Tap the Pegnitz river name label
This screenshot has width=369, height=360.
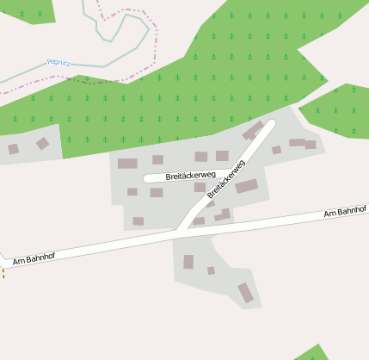(x=58, y=62)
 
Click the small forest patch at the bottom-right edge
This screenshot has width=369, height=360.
(x=312, y=353)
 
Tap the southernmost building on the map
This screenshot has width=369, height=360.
(x=246, y=293)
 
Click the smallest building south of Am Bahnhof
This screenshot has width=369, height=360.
(x=211, y=270)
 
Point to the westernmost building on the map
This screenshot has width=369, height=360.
(x=13, y=149)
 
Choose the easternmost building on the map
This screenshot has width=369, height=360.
(x=311, y=145)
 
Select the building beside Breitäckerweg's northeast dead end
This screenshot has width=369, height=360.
(x=253, y=131)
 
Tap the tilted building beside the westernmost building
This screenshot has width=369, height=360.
(x=42, y=144)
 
